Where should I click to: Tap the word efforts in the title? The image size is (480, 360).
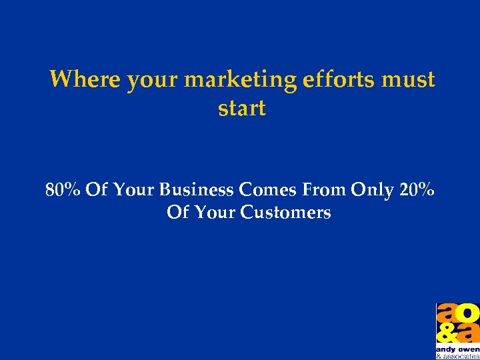(x=339, y=79)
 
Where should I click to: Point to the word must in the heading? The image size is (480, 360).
(x=409, y=79)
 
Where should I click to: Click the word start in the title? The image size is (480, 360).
(x=241, y=108)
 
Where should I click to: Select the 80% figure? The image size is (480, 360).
(x=63, y=190)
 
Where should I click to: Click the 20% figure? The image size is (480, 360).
(x=418, y=190)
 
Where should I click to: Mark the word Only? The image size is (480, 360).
(x=374, y=191)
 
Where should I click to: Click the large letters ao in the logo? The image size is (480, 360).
(x=458, y=313)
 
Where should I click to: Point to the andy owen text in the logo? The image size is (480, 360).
(x=458, y=349)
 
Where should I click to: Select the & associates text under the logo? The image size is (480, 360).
(x=458, y=356)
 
